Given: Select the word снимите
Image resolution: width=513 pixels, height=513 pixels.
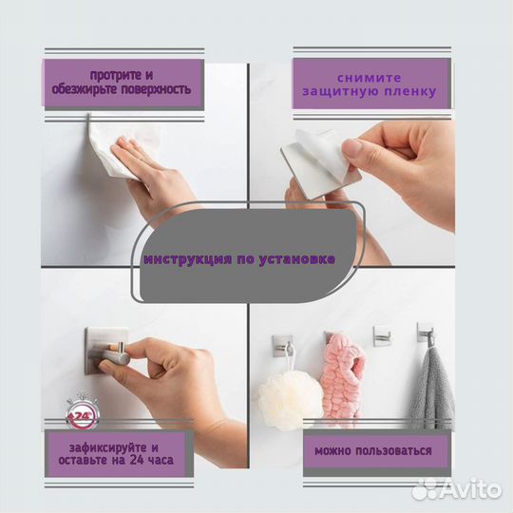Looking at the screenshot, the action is [x=369, y=78].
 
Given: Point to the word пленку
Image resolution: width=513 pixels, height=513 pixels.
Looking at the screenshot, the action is [x=410, y=91].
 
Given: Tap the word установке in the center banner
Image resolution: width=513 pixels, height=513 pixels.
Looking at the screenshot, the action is [x=296, y=259].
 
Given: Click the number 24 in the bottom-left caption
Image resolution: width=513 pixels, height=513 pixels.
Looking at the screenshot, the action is [x=137, y=461].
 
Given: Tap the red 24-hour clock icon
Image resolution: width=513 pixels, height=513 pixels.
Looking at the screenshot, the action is [x=82, y=413].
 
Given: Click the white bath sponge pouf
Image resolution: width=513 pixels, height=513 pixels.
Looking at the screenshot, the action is [x=291, y=400].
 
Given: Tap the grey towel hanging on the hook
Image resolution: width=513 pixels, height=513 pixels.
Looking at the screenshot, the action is [x=432, y=389].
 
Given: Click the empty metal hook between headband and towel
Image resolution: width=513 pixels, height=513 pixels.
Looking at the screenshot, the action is [x=383, y=335].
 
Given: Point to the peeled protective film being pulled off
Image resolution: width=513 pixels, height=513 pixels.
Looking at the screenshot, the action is [x=321, y=148].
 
